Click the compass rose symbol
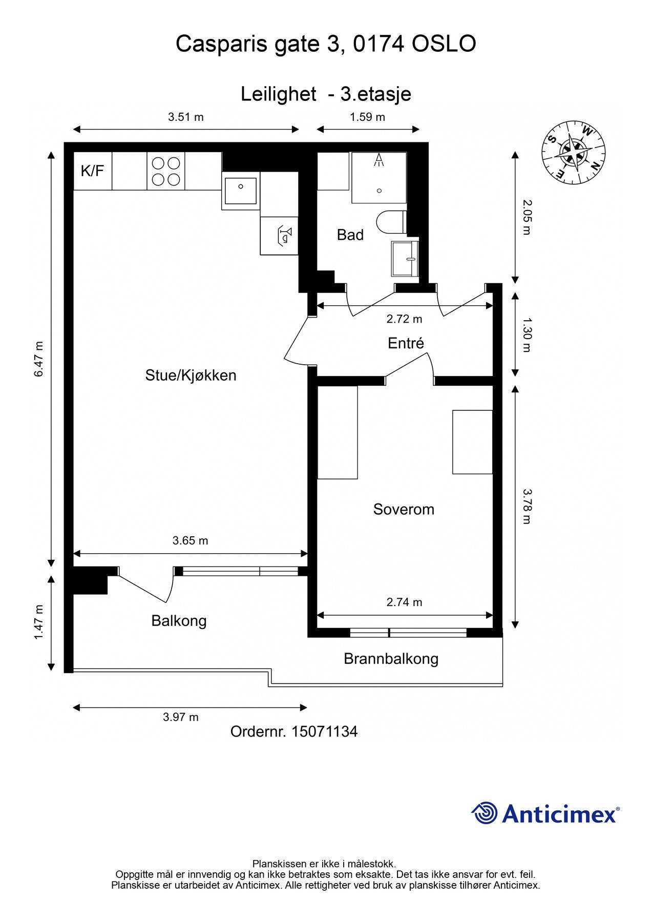click(x=573, y=153)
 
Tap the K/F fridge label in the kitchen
click(x=92, y=171)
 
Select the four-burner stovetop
click(x=166, y=171)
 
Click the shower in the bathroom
click(x=379, y=177)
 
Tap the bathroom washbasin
click(x=405, y=258)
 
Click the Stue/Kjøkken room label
click(x=191, y=375)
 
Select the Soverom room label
click(x=404, y=509)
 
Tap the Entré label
click(x=406, y=343)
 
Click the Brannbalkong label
click(x=391, y=658)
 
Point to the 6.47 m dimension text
click(x=39, y=359)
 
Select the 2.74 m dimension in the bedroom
click(x=404, y=602)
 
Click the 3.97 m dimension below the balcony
click(x=181, y=717)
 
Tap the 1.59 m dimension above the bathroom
click(x=367, y=117)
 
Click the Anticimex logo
click(x=545, y=813)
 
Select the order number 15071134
click(x=324, y=731)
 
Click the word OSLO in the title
click(x=444, y=44)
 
